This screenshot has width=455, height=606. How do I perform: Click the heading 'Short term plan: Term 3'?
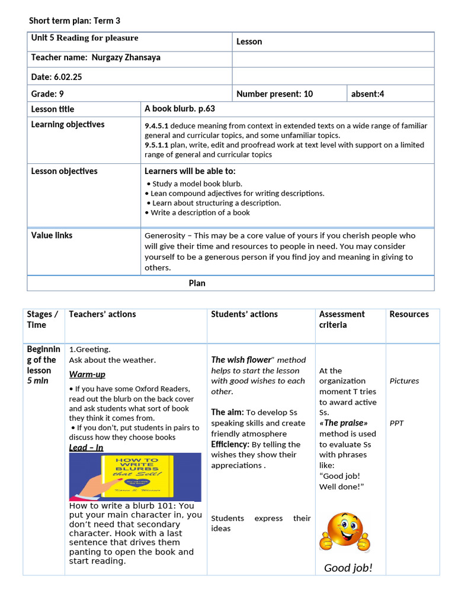75,21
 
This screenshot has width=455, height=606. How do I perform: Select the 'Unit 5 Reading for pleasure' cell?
85,38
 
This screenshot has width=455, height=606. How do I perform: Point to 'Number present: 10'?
274,94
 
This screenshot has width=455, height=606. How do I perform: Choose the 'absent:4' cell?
367,94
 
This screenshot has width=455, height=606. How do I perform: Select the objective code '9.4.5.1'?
157,126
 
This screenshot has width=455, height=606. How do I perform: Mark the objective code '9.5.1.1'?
157,145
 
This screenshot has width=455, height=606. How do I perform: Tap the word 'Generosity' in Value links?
165,236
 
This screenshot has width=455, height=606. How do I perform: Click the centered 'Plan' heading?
197,283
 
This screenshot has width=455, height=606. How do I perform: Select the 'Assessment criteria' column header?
342,320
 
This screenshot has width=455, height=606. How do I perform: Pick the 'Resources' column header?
409,314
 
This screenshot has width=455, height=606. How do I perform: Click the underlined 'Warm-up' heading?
87,374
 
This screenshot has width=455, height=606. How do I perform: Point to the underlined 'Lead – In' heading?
86,447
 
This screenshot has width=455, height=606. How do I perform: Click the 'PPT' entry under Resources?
396,423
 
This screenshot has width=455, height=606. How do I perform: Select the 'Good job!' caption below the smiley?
348,568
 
